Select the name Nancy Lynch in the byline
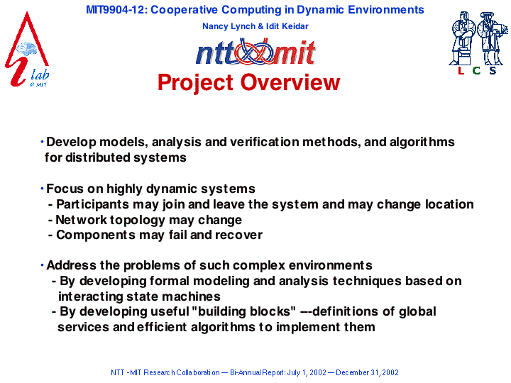229,26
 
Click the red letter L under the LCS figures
461,70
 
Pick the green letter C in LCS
476,70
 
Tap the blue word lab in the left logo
40,74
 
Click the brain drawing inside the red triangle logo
26,49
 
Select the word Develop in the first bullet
71,143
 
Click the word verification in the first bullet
264,142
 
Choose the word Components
96,235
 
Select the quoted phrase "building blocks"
243,311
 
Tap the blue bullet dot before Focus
42,188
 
